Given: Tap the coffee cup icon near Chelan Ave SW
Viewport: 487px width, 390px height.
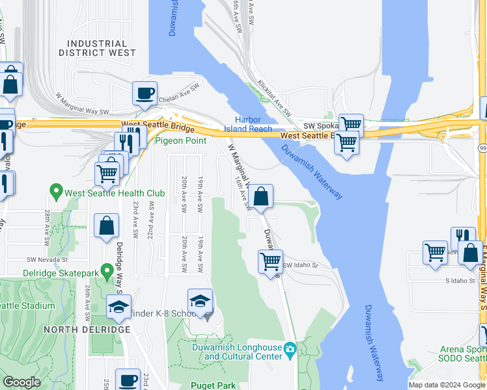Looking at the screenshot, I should (x=145, y=92).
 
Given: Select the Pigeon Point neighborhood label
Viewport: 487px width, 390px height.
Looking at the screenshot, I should (x=180, y=140).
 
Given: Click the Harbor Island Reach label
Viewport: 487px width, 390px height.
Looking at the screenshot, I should (x=253, y=123).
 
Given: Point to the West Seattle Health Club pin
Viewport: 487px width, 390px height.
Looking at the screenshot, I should (x=56, y=192).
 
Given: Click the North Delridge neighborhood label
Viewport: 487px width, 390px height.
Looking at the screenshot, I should (x=88, y=330).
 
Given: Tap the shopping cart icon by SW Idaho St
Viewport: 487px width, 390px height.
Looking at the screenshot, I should (x=270, y=262).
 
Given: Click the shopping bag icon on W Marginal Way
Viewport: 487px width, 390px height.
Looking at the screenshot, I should (x=260, y=196).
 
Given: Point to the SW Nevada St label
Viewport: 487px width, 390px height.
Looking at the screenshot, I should (x=48, y=259).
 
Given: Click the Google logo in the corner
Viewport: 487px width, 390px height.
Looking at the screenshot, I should (x=22, y=382).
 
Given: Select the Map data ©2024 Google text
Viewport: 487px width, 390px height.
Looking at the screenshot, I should (x=446, y=385).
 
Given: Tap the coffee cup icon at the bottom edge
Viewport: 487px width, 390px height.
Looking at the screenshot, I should (x=128, y=380).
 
